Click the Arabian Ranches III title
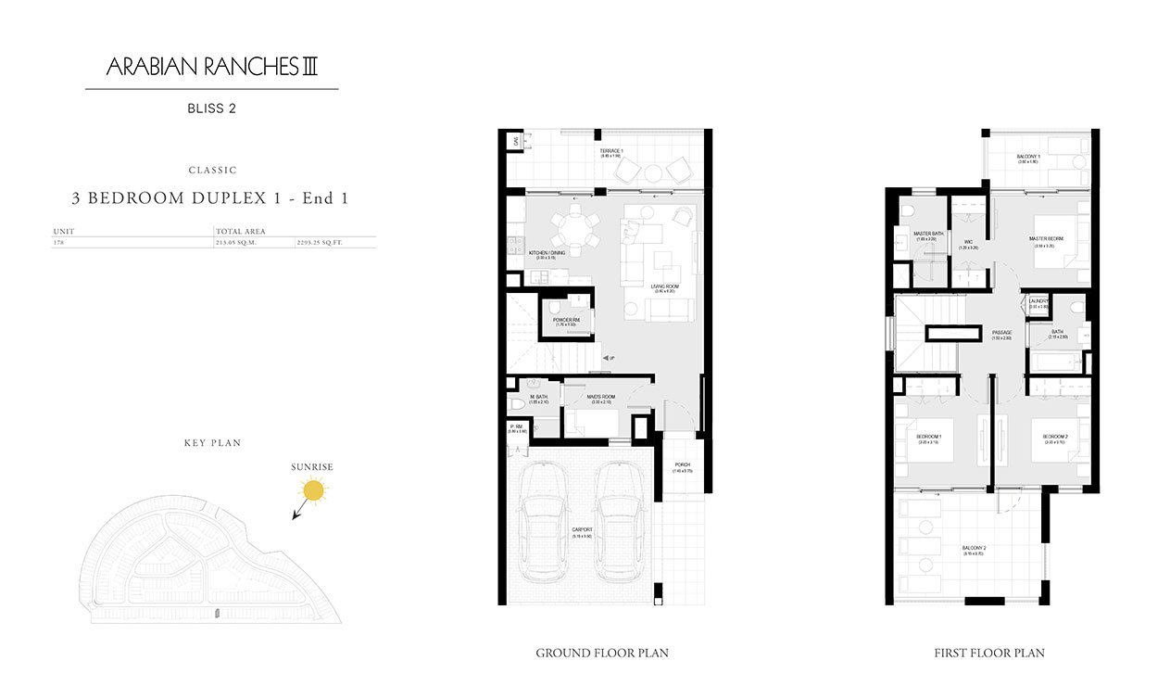[212, 67]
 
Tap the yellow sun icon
[315, 491]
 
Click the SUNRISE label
[312, 467]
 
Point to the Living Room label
[664, 287]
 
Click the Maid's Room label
[600, 398]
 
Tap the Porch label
[682, 465]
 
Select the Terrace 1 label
[610, 151]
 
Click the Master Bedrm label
[1046, 238]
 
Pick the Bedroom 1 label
[928, 436]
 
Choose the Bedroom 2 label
[1055, 436]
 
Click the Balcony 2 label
[973, 548]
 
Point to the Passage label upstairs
[1001, 332]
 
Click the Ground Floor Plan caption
[602, 654]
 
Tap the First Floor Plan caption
[989, 654]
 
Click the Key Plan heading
[212, 443]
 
